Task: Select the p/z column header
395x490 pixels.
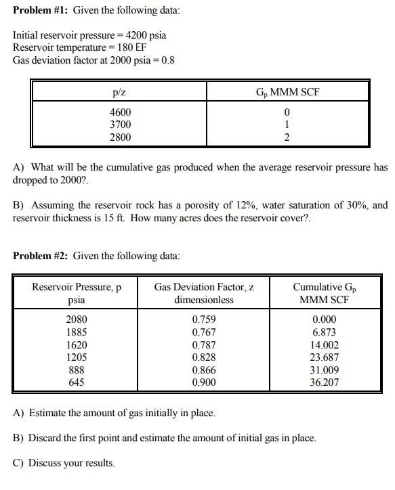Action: click(121, 92)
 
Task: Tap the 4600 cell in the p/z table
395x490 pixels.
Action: click(121, 112)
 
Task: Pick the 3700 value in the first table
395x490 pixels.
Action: click(121, 125)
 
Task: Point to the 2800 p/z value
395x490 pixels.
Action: click(121, 137)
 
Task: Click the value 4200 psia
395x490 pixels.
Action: click(145, 35)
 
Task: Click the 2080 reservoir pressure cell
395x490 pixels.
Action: click(76, 319)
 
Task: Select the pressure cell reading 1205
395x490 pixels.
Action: click(76, 357)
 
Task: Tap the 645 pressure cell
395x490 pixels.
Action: click(76, 382)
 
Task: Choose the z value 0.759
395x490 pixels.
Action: click(204, 319)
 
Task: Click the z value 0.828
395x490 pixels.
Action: click(204, 357)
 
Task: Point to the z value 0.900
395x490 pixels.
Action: click(204, 382)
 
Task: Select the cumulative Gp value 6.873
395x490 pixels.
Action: click(325, 332)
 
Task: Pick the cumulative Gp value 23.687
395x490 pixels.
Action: click(325, 357)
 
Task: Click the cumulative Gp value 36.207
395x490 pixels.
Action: click(325, 382)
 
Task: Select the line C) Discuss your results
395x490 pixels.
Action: click(64, 463)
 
